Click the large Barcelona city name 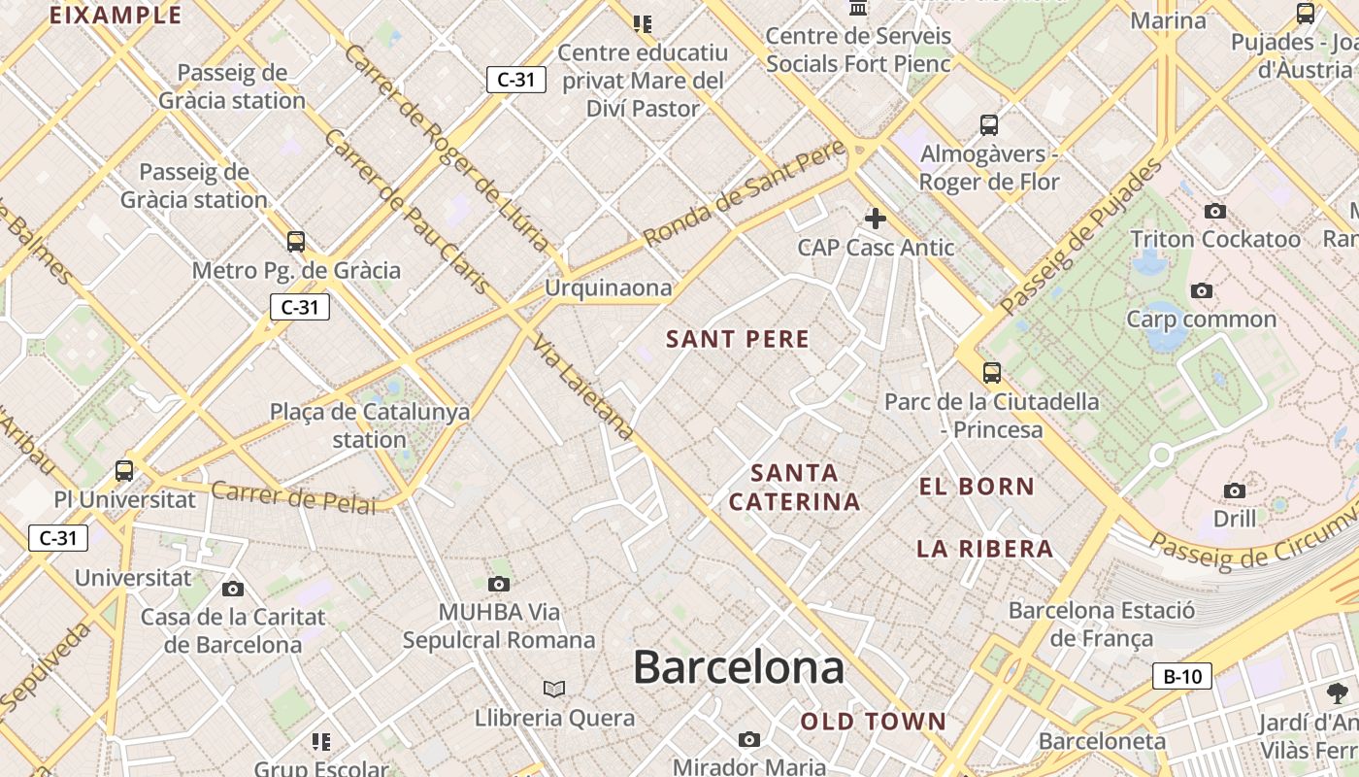(739, 668)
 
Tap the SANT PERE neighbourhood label (738, 339)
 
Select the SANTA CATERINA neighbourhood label (794, 488)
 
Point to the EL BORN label (977, 487)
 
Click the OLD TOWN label (873, 722)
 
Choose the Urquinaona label (608, 287)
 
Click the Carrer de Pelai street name (293, 497)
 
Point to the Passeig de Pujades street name (1081, 237)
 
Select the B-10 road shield (1182, 676)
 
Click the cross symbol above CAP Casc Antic (876, 219)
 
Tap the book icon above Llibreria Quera (554, 689)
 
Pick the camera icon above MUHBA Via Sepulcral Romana (499, 584)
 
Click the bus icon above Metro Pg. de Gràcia (296, 242)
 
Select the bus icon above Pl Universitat (124, 471)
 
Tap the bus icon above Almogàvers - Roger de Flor (989, 125)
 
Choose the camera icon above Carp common (1202, 290)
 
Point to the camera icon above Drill (1235, 490)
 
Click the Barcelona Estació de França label (1102, 624)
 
